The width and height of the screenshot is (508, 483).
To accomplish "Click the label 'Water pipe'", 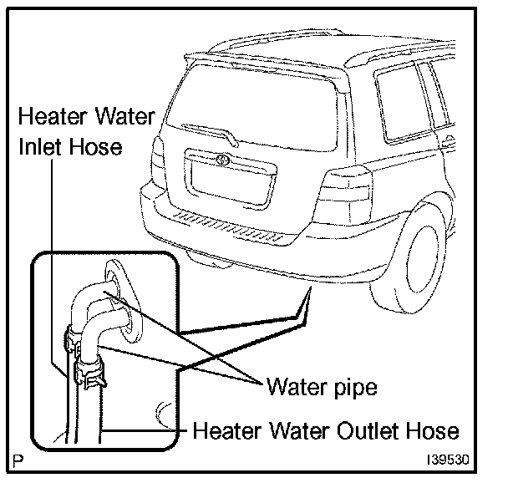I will [322, 388].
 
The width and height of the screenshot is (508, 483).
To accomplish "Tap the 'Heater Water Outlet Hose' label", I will [326, 431].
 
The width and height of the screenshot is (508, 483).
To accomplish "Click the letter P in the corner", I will [18, 458].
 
